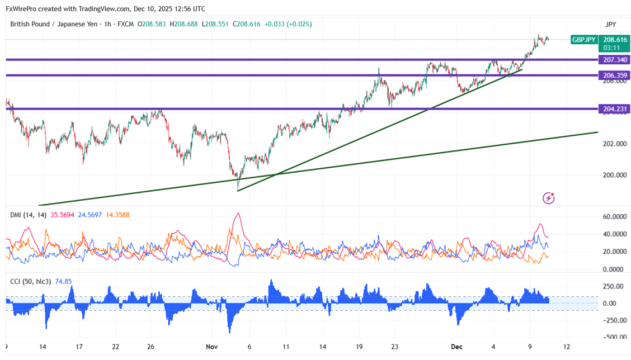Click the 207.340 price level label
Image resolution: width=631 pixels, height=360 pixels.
tap(614, 59)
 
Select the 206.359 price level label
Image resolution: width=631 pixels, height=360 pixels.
tap(614, 75)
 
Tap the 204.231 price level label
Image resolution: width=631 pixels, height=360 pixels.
tap(614, 109)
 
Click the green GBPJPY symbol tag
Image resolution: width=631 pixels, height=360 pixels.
tap(583, 40)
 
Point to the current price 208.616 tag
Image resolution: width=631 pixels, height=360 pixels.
tap(614, 40)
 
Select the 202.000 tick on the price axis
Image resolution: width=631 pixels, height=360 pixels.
tap(614, 144)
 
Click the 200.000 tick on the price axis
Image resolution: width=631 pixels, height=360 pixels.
tap(614, 175)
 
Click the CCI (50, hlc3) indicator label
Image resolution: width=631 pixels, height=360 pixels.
tap(30, 282)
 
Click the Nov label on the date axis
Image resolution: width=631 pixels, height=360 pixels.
tap(211, 347)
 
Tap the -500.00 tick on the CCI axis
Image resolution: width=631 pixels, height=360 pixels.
tap(614, 337)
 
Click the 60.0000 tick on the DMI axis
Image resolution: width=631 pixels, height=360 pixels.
tap(614, 217)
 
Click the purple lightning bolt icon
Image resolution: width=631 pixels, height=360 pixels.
tap(549, 198)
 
